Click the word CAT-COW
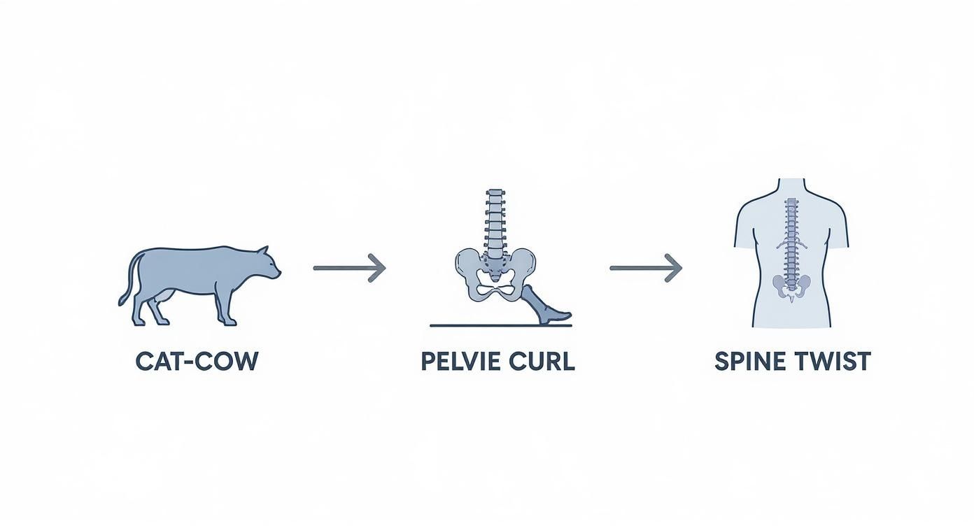click(197, 361)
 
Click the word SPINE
click(751, 361)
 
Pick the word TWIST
click(833, 361)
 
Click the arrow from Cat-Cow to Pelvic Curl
click(350, 268)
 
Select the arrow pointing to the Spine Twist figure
click(646, 268)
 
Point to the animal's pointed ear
click(263, 252)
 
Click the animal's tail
click(129, 278)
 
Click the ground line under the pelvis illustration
click(501, 325)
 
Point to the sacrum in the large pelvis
click(495, 269)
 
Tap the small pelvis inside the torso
click(792, 287)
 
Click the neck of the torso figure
click(791, 187)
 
